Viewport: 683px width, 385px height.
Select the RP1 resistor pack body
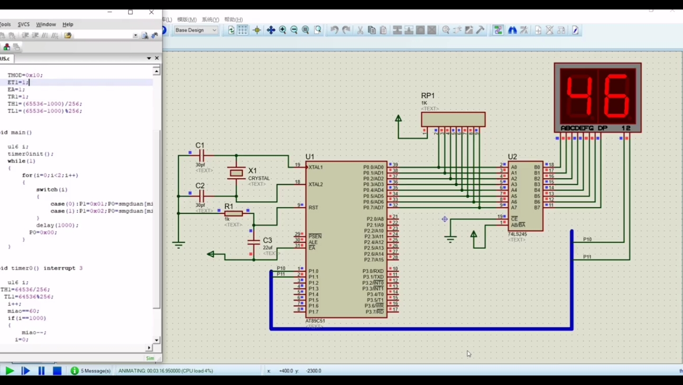pos(453,119)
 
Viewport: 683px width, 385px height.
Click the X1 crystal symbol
pos(236,173)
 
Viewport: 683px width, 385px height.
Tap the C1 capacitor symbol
pos(201,155)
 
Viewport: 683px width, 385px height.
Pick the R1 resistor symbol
pos(233,213)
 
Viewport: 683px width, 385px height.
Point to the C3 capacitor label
pos(268,240)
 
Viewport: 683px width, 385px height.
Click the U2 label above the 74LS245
pos(512,157)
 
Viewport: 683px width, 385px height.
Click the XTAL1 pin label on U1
pos(315,167)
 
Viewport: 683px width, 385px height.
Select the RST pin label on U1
pos(313,208)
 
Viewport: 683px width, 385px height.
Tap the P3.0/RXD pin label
pos(373,271)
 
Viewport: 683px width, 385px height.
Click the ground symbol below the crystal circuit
pos(178,245)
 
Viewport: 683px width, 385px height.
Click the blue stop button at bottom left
pos(57,371)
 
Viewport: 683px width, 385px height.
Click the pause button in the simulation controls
pos(41,371)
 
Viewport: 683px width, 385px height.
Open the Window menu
pos(46,24)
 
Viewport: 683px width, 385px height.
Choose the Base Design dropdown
pos(196,30)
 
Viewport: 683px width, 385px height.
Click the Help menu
pos(68,24)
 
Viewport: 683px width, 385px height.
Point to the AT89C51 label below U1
pos(315,321)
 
